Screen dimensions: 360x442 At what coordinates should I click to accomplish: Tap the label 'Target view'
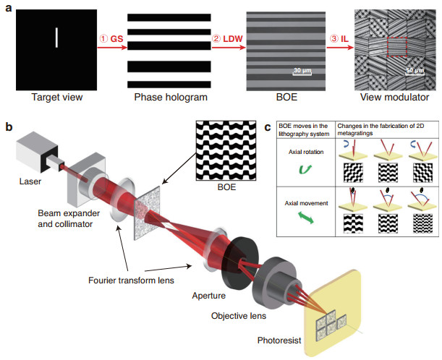coord(56,96)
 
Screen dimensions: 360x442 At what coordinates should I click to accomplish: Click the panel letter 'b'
coord(9,128)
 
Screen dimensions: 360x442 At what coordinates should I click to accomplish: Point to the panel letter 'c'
coord(267,128)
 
